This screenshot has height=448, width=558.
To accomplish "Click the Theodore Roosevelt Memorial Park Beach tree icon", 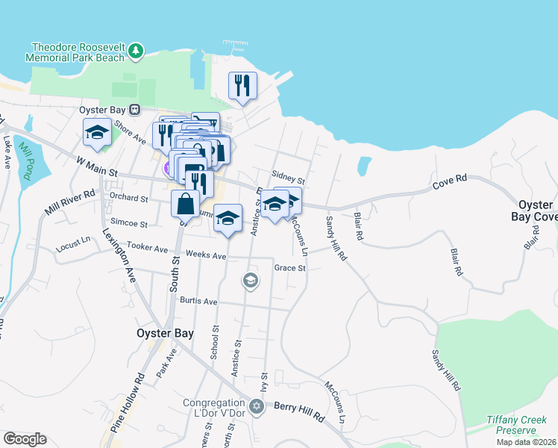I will [135, 51].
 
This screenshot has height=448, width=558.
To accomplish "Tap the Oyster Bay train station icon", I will [135, 109].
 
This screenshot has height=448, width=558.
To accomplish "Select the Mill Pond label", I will [28, 157].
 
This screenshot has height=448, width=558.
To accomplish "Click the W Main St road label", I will [97, 167].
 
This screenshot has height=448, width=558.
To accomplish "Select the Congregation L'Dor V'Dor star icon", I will [257, 406].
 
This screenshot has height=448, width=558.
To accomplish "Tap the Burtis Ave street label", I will [198, 301].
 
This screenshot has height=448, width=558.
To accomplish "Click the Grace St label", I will [290, 267].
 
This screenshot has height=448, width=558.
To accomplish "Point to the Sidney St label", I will [289, 180].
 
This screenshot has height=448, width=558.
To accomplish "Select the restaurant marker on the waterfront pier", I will [242, 86].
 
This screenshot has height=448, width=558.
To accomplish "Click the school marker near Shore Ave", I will [97, 132].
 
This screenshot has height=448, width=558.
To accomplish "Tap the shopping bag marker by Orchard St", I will [185, 202].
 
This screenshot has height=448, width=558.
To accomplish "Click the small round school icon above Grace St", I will [250, 281].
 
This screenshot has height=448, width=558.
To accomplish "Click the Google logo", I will [25, 439].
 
